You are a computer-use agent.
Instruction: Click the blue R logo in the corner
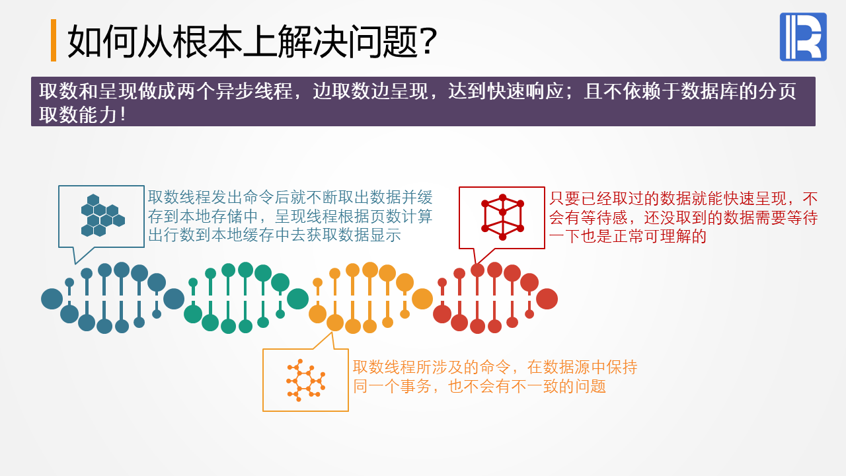[x=803, y=36]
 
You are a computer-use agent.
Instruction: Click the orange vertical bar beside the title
[x=54, y=40]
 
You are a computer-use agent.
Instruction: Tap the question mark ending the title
[x=429, y=41]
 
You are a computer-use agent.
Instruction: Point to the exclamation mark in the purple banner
[x=123, y=114]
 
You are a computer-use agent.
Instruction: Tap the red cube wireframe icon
[x=502, y=217]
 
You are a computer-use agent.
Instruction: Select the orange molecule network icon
[x=306, y=380]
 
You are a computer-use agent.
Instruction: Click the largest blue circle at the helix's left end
[x=52, y=299]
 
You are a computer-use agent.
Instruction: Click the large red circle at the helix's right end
[x=547, y=299]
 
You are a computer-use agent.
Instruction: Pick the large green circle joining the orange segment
[x=297, y=299]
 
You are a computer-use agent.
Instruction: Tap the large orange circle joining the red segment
[x=422, y=299]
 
